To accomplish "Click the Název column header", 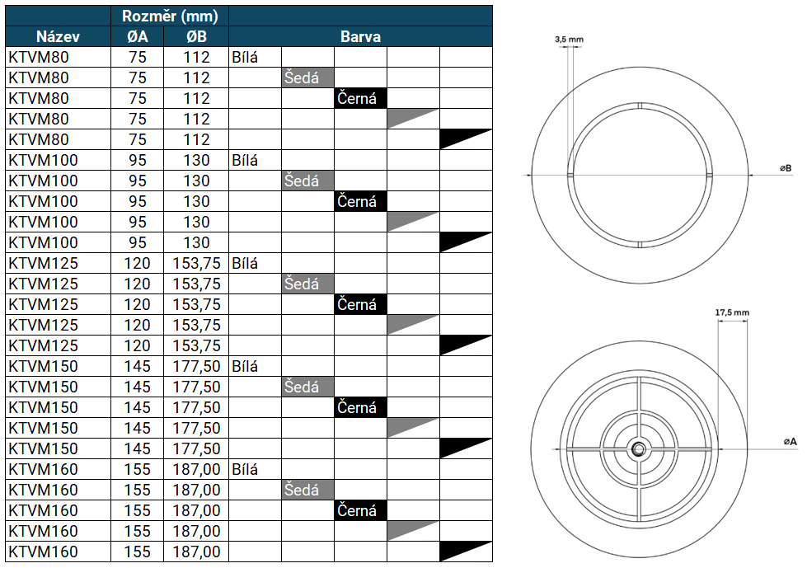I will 58,37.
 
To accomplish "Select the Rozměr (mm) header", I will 170,16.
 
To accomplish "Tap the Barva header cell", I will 360,37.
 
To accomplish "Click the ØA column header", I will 138,37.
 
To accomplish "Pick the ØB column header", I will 196,37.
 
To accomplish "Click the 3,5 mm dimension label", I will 569,39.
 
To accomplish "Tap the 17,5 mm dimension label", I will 732,312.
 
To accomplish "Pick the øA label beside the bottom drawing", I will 790,442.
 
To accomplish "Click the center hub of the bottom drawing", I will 638,449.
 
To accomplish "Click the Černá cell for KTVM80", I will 360,99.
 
